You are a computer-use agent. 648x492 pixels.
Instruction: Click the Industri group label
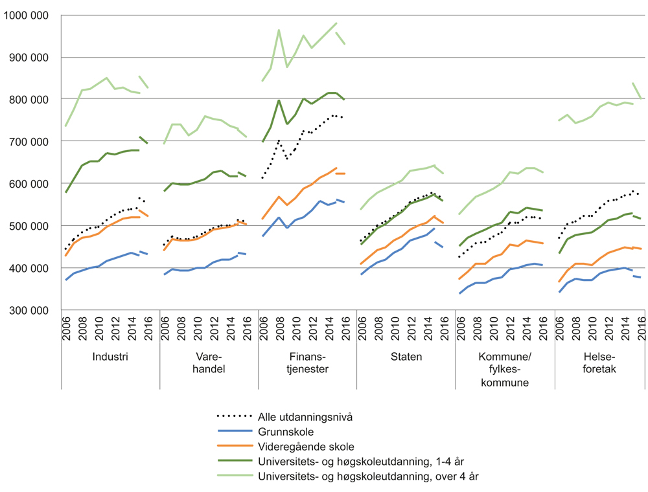click(x=110, y=357)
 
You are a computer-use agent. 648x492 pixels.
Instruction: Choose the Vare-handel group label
click(x=209, y=363)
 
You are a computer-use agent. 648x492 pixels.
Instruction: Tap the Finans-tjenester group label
click(x=307, y=363)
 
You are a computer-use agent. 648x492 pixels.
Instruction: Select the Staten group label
click(x=406, y=357)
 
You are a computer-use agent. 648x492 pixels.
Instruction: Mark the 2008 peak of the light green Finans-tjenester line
click(x=279, y=30)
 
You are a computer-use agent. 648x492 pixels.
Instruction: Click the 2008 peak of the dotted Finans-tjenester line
click(x=279, y=140)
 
